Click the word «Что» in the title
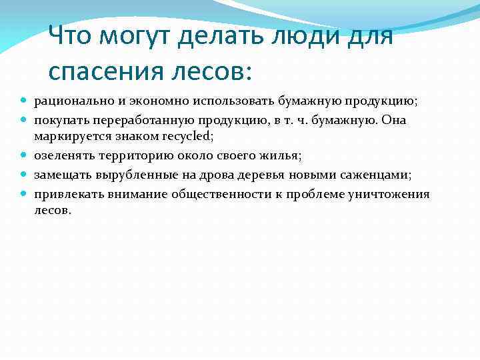(x=72, y=36)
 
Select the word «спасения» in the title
(x=114, y=70)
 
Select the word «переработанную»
(x=136, y=121)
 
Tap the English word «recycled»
(x=187, y=137)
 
